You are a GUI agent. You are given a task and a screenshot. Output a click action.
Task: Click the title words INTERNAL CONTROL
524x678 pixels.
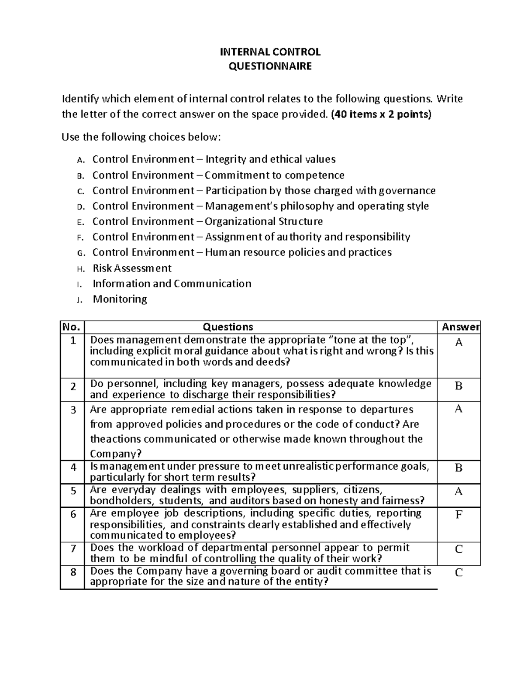270,52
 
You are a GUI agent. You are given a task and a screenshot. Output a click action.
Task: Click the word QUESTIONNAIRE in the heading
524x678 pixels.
270,66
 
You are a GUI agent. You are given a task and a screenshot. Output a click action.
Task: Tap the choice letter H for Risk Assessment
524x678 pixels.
79,268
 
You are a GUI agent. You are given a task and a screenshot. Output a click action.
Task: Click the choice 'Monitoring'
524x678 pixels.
120,299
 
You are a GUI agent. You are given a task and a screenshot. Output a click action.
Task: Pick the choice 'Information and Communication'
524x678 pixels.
172,284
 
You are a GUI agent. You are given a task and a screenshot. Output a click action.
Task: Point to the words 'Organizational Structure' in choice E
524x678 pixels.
264,221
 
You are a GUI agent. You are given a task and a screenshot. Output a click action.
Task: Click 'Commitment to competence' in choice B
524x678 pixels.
274,175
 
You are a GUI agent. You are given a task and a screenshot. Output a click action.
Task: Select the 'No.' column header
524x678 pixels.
72,327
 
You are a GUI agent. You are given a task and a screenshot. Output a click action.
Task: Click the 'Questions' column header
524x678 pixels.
228,327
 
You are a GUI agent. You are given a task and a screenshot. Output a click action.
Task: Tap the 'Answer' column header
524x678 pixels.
460,327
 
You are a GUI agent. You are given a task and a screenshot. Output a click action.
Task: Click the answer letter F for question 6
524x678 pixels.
458,515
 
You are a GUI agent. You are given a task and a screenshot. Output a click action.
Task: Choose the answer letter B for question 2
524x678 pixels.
458,386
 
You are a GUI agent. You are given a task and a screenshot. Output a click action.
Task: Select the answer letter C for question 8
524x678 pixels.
458,573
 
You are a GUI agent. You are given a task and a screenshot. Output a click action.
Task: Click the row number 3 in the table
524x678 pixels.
73,410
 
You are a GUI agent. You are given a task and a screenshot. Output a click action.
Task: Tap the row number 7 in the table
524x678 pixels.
73,548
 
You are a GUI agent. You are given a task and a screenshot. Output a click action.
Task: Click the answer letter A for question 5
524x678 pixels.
458,492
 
